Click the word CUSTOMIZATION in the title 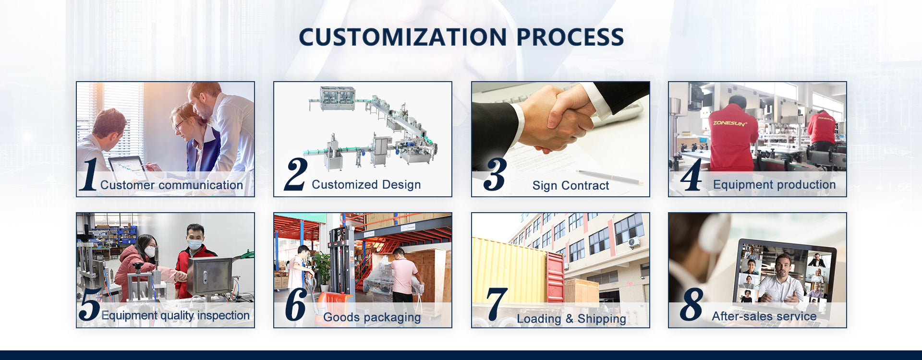(402, 37)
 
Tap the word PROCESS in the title (570, 37)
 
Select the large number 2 (296, 174)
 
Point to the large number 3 (495, 174)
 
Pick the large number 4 (691, 175)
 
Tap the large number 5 (90, 304)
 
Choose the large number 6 (296, 304)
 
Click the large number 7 (497, 304)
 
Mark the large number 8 (691, 304)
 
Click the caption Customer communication (171, 185)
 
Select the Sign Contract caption (570, 186)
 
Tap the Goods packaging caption (372, 317)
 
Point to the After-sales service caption (764, 316)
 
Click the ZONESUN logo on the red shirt (729, 123)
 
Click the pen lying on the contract (610, 177)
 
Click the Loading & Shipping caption (571, 319)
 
